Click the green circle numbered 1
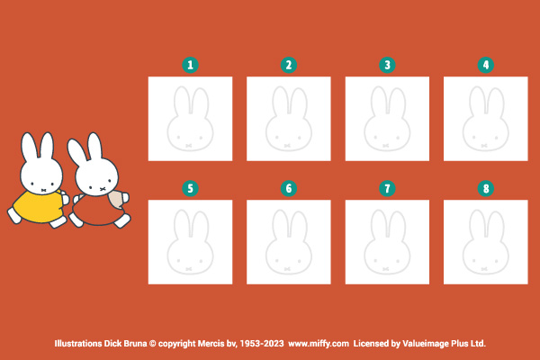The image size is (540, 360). pyautogui.click(x=190, y=65)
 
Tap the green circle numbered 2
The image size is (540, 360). pyautogui.click(x=289, y=65)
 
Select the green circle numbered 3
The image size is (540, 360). pyautogui.click(x=387, y=65)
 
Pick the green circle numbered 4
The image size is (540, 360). pyautogui.click(x=486, y=65)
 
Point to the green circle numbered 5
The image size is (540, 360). pyautogui.click(x=190, y=188)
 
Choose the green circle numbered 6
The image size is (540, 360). pyautogui.click(x=289, y=188)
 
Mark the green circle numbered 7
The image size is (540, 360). pyautogui.click(x=387, y=188)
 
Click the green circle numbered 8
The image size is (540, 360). pyautogui.click(x=486, y=188)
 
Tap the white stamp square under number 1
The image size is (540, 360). pyautogui.click(x=190, y=119)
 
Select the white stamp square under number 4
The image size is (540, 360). pyautogui.click(x=486, y=119)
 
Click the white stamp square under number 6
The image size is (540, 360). pyautogui.click(x=289, y=242)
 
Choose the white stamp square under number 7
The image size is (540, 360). pyautogui.click(x=387, y=242)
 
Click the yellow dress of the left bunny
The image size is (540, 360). pyautogui.click(x=38, y=207)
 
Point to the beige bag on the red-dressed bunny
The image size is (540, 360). pyautogui.click(x=116, y=199)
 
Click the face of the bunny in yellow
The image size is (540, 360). pyautogui.click(x=41, y=175)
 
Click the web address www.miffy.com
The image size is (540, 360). pyautogui.click(x=319, y=344)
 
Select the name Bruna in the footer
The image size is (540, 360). pyautogui.click(x=135, y=344)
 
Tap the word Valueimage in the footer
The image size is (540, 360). pyautogui.click(x=424, y=344)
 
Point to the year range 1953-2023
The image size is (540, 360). pyautogui.click(x=262, y=344)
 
